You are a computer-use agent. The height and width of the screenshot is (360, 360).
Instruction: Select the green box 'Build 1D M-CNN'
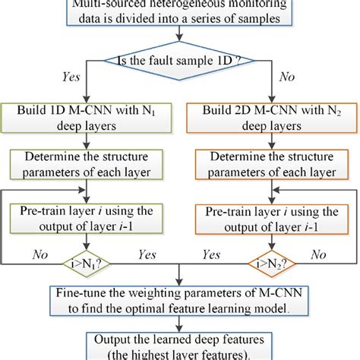pos(84,117)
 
